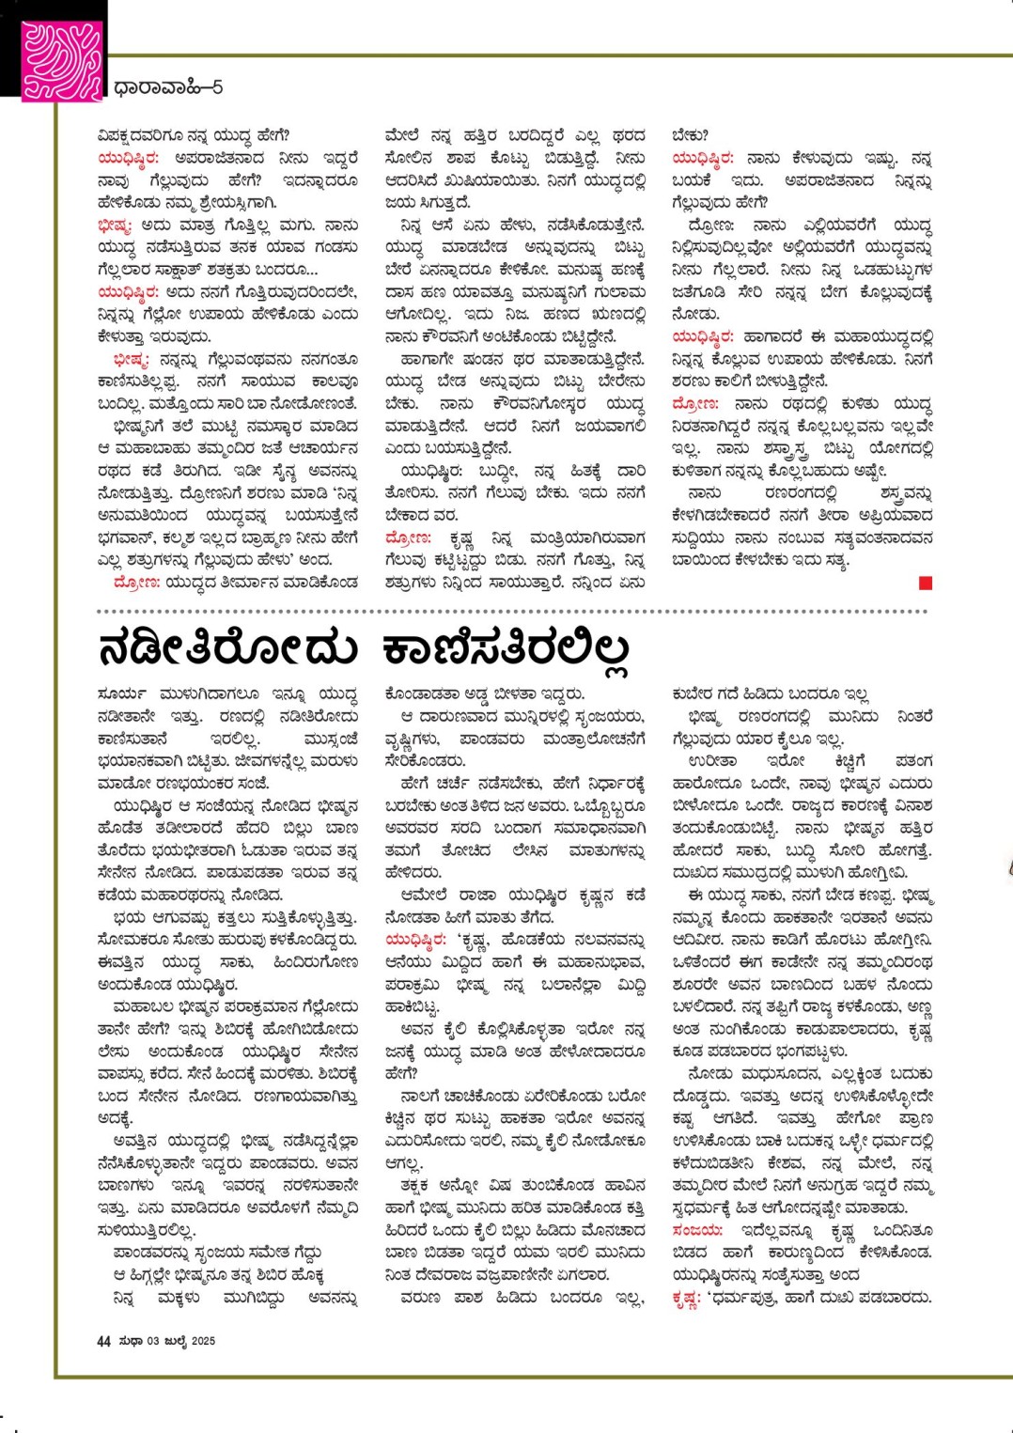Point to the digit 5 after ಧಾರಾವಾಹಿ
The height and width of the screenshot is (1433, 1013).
tap(217, 87)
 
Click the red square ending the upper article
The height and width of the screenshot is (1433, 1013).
tap(926, 584)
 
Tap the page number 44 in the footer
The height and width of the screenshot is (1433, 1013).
tap(103, 1341)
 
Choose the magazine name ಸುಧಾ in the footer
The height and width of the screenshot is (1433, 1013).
tap(131, 1341)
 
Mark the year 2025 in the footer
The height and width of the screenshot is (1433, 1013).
tap(203, 1341)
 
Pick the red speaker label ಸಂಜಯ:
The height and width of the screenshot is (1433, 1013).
tap(697, 1230)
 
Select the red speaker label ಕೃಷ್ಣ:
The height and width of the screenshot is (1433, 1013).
tap(687, 1298)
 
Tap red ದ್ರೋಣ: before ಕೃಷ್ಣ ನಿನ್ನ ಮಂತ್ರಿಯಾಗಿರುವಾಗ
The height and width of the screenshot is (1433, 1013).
tap(409, 538)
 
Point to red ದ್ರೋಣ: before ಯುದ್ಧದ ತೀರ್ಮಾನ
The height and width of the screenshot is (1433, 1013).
tap(136, 583)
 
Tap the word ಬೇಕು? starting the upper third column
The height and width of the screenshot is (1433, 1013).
tap(691, 134)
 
